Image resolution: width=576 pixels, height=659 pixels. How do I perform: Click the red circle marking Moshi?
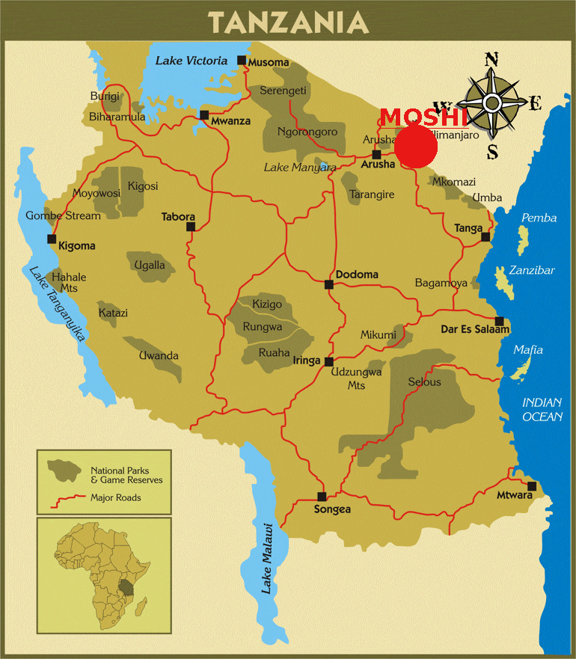coord(416,146)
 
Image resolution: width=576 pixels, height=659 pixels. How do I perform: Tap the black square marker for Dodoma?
coord(328,284)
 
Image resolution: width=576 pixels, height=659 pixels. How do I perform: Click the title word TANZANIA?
coord(288,22)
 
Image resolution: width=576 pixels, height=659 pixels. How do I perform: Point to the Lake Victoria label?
coord(191,61)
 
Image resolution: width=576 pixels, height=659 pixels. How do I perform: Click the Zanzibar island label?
coord(532,271)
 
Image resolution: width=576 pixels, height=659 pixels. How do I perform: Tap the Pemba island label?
coord(539,218)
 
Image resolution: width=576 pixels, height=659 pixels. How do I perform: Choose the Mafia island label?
coord(528,350)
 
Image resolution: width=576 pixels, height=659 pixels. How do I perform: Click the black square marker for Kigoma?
coord(52,239)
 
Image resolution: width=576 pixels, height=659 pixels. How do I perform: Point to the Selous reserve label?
coord(424,382)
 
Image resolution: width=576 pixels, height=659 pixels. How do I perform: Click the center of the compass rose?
coord(492,103)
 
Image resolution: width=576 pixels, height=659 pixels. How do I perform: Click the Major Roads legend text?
coord(115,497)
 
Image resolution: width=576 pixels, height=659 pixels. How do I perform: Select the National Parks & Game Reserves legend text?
coord(126,475)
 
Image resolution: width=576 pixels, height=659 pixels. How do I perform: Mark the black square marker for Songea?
coord(322,496)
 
